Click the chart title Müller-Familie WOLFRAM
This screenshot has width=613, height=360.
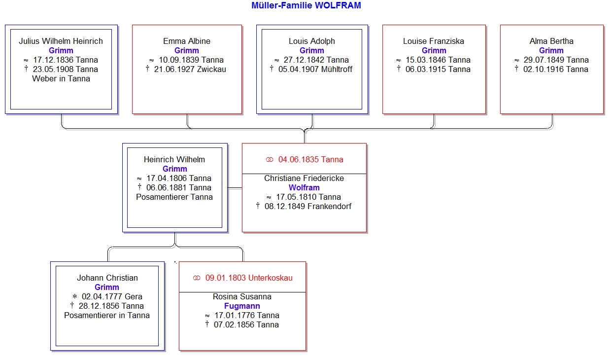click(306, 5)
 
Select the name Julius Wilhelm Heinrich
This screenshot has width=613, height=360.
click(61, 41)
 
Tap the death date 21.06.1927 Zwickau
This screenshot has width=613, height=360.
click(190, 70)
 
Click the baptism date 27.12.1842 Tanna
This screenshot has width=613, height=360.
click(316, 60)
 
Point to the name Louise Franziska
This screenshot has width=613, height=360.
click(434, 41)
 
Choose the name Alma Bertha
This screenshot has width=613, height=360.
click(551, 41)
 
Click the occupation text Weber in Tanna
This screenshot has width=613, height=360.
click(61, 78)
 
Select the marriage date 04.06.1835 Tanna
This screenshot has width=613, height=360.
click(310, 159)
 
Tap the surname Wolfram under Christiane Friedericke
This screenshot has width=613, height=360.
click(304, 188)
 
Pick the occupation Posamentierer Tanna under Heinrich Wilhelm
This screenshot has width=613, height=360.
click(174, 197)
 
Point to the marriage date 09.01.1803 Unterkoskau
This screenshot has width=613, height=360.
click(249, 278)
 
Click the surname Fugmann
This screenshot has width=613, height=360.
click(242, 306)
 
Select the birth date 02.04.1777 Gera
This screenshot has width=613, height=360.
click(112, 296)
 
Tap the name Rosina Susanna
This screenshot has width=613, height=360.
click(242, 296)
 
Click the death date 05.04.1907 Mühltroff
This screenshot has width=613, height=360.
click(315, 70)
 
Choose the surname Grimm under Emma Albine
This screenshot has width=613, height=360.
click(187, 50)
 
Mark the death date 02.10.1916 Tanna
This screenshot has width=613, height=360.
click(555, 70)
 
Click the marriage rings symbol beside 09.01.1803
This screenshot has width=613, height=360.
click(197, 278)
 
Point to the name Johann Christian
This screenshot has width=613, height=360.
click(107, 278)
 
